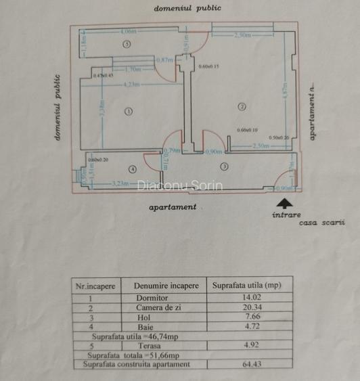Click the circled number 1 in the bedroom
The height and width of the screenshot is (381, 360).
128,112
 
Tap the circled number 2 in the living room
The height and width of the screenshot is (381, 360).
240,106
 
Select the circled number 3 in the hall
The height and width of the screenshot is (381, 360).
224,166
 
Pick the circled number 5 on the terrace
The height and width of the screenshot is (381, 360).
127,43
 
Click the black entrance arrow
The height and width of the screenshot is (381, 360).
286,202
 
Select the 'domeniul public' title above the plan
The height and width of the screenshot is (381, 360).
187,9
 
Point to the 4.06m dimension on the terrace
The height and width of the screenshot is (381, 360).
128,31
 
